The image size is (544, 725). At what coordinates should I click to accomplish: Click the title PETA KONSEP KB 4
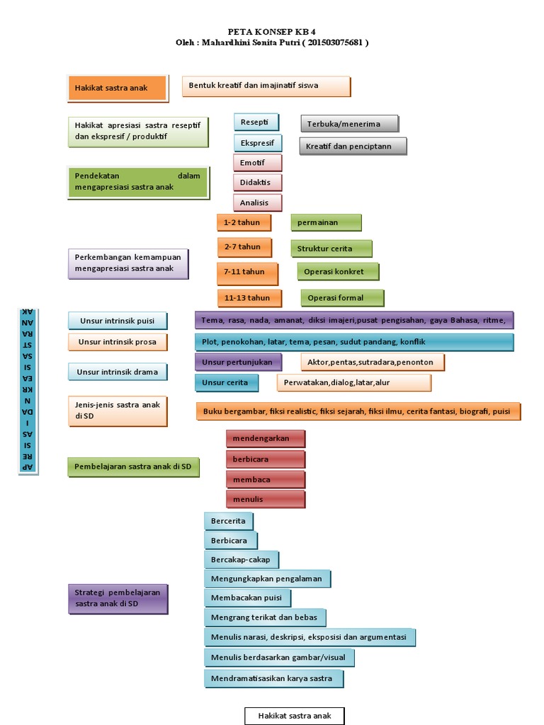272,32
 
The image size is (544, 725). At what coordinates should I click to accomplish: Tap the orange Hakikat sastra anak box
117,89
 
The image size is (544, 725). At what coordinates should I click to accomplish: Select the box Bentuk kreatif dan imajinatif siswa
266,86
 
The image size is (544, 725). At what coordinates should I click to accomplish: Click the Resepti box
256,122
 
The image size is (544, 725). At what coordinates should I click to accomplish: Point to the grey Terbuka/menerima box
348,124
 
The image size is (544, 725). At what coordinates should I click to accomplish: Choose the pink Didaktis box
257,183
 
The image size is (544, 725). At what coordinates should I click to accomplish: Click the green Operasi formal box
342,298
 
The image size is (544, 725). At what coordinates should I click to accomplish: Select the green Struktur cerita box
331,249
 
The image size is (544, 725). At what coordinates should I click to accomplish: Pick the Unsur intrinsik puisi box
118,321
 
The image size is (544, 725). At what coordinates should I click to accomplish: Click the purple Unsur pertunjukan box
238,362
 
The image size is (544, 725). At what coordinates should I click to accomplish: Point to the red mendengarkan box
265,439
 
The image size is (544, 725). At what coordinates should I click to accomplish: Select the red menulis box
265,500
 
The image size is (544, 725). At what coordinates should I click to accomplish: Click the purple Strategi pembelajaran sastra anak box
118,598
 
